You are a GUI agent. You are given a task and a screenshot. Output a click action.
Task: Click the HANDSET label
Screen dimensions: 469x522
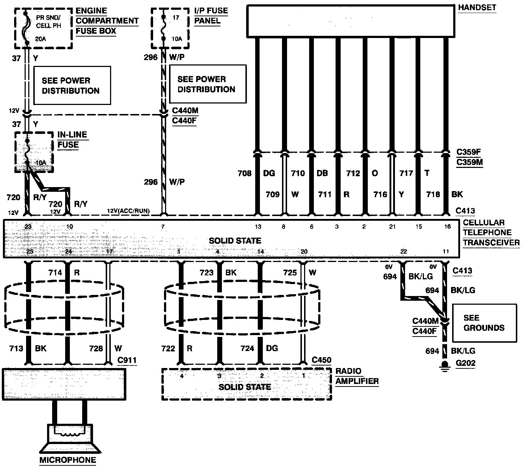pyautogui.click(x=477, y=8)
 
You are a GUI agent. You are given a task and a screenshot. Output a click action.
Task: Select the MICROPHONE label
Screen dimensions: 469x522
pyautogui.click(x=68, y=460)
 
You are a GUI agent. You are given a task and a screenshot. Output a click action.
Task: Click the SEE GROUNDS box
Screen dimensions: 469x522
pyautogui.click(x=484, y=323)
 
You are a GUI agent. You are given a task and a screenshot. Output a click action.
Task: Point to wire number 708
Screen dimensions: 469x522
pyautogui.click(x=244, y=173)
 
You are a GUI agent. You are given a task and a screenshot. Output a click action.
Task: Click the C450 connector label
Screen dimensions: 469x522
pyautogui.click(x=321, y=360)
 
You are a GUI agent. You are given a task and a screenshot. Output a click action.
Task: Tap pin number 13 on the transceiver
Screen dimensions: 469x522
pyautogui.click(x=258, y=227)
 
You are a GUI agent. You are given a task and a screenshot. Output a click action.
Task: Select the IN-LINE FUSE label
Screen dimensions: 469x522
pyautogui.click(x=72, y=140)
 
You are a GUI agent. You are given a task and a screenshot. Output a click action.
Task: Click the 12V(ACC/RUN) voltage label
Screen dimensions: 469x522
pyautogui.click(x=129, y=211)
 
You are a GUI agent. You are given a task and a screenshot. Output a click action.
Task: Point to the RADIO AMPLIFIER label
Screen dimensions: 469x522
pyautogui.click(x=357, y=376)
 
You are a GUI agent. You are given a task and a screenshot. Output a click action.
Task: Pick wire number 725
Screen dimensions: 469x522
pyautogui.click(x=290, y=272)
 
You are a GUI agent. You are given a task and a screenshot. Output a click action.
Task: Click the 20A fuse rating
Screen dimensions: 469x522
pyautogui.click(x=41, y=39)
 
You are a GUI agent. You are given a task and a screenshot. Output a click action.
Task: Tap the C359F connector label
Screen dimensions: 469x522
pyautogui.click(x=470, y=152)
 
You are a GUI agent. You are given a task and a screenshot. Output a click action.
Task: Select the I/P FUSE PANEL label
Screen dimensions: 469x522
pyautogui.click(x=211, y=16)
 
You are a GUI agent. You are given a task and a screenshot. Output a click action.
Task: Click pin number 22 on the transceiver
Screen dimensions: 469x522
pyautogui.click(x=404, y=252)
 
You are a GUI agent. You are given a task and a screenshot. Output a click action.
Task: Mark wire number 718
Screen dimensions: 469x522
pyautogui.click(x=433, y=194)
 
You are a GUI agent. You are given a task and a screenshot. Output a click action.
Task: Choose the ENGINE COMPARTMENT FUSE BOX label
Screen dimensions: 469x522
pyautogui.click(x=107, y=21)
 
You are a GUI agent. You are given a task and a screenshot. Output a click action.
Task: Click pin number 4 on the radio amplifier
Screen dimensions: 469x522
pyautogui.click(x=182, y=376)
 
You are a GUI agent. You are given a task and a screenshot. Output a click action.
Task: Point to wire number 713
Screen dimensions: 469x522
pyautogui.click(x=16, y=348)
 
